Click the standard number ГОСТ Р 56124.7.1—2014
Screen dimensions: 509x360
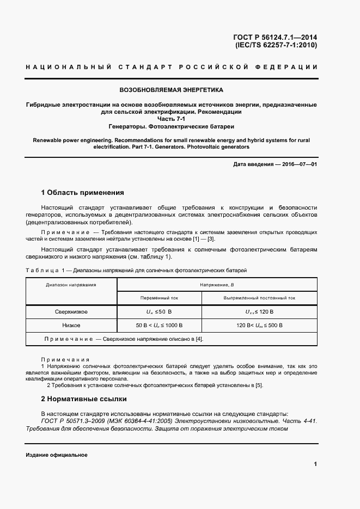click(275, 38)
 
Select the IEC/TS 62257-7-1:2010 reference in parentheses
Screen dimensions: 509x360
click(276, 45)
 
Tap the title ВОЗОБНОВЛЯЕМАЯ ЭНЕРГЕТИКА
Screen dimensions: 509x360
click(172, 89)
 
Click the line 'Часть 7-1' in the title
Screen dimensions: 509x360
click(172, 118)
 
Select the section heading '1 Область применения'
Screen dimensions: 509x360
click(83, 193)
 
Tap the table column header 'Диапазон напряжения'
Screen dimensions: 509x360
click(71, 285)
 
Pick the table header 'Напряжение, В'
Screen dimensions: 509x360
click(217, 285)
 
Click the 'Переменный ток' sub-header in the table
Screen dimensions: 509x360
click(159, 298)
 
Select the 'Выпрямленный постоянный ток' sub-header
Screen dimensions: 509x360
click(259, 298)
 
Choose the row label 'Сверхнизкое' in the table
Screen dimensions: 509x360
click(71, 312)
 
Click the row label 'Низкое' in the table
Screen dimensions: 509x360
click(71, 326)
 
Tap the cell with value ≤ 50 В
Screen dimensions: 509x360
click(159, 312)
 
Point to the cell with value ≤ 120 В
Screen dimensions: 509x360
click(259, 312)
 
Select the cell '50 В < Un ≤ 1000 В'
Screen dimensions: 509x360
click(159, 326)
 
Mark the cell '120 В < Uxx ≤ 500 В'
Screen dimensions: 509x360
click(259, 326)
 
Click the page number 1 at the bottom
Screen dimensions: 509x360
click(315, 464)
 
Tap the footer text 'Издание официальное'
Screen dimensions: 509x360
click(57, 455)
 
